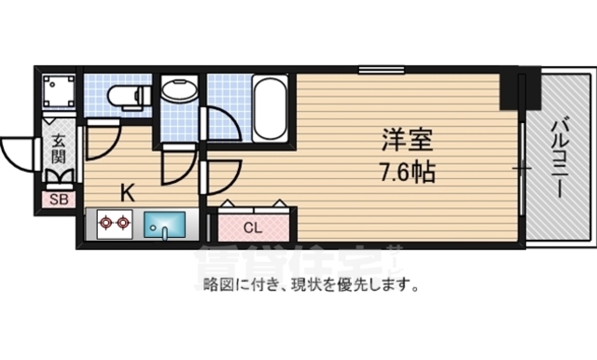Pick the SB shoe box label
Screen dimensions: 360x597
(58, 198)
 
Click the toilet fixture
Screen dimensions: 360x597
(123, 95)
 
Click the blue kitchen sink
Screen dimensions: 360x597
(166, 226)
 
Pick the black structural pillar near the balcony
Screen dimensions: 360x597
(510, 89)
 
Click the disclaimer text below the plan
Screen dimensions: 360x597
(310, 283)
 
